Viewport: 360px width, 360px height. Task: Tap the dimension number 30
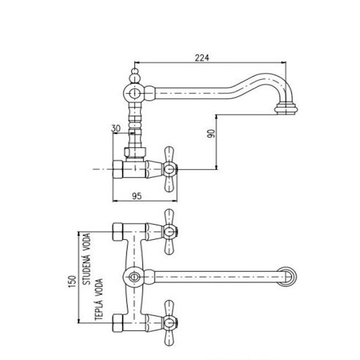tap(115, 128)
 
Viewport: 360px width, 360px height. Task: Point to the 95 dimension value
tap(136, 195)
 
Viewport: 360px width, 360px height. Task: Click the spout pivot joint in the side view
tap(136, 93)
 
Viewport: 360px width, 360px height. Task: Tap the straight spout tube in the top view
tap(216, 277)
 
